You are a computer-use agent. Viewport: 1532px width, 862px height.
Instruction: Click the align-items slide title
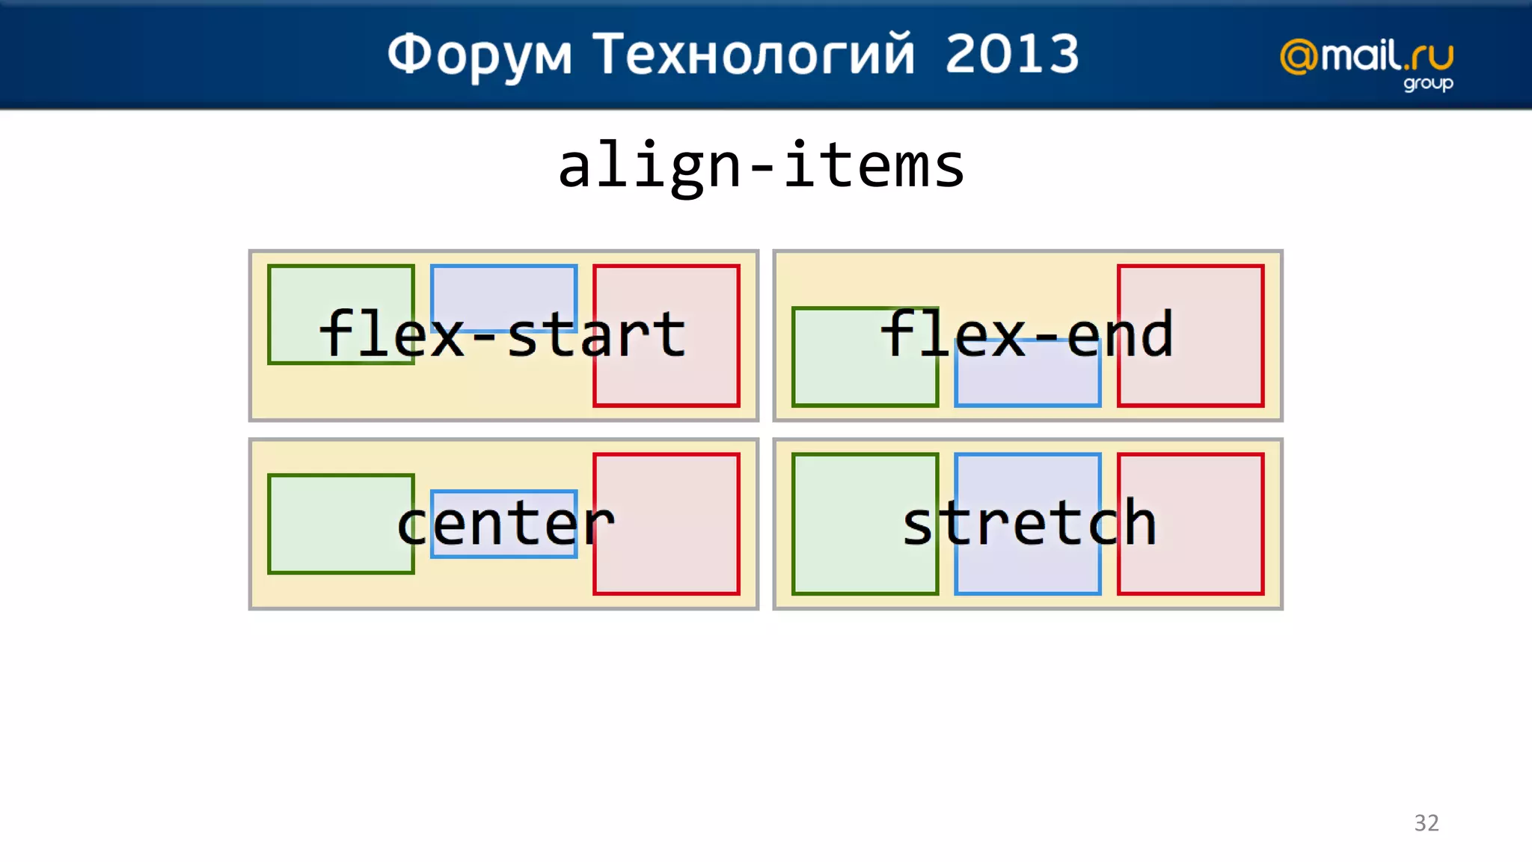click(x=761, y=166)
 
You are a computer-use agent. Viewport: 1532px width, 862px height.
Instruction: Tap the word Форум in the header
click(x=479, y=55)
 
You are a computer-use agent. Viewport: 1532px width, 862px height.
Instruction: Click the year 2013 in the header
click(x=1011, y=54)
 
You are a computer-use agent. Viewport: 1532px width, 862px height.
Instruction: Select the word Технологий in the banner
click(x=753, y=55)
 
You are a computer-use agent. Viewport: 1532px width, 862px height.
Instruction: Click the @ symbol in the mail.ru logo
click(x=1299, y=57)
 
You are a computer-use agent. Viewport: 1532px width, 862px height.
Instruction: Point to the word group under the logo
click(x=1427, y=83)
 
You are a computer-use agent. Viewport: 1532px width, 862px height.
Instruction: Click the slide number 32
click(x=1426, y=822)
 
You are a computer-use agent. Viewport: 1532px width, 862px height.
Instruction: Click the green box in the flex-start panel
click(x=340, y=314)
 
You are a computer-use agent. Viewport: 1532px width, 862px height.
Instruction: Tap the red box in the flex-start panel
click(x=667, y=335)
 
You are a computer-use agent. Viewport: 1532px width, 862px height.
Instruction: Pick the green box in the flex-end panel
click(x=865, y=357)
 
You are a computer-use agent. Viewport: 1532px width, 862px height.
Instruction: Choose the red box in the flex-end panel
click(x=1190, y=335)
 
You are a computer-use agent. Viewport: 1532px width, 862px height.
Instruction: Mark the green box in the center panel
click(x=340, y=524)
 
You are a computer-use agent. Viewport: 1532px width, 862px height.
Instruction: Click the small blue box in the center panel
click(x=503, y=524)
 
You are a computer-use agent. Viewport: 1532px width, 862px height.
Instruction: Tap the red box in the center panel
click(x=667, y=524)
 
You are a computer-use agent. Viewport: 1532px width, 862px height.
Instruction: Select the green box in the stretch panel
click(x=865, y=524)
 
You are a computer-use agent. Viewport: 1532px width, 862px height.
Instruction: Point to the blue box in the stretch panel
click(x=1027, y=524)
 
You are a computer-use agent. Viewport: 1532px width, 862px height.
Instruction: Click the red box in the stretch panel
click(x=1190, y=524)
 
